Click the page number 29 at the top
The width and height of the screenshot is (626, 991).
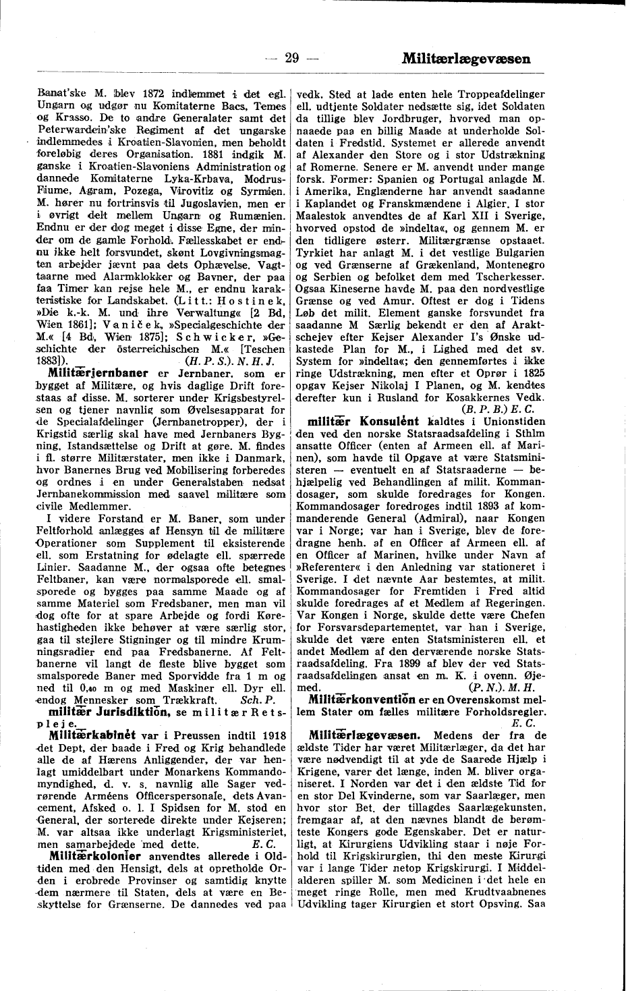291,58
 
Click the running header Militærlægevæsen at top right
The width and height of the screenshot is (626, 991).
465,59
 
